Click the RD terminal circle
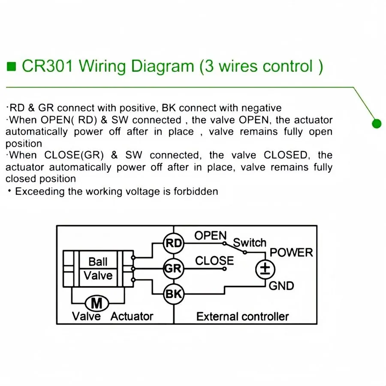[x=174, y=243]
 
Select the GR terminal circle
[x=174, y=268]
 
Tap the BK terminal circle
[x=174, y=294]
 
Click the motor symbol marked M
[x=97, y=303]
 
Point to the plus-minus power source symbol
[x=265, y=269]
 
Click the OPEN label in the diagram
[x=211, y=235]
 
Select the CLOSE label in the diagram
[x=214, y=261]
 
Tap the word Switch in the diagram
[x=250, y=243]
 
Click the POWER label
[x=291, y=253]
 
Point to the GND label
[x=281, y=286]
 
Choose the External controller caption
[x=242, y=317]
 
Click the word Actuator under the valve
[x=132, y=317]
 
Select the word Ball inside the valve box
[x=98, y=262]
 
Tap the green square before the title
[x=11, y=66]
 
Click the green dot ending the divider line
[x=377, y=124]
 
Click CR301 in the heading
[x=48, y=66]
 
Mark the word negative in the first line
[x=262, y=108]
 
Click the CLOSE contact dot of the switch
[x=224, y=269]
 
